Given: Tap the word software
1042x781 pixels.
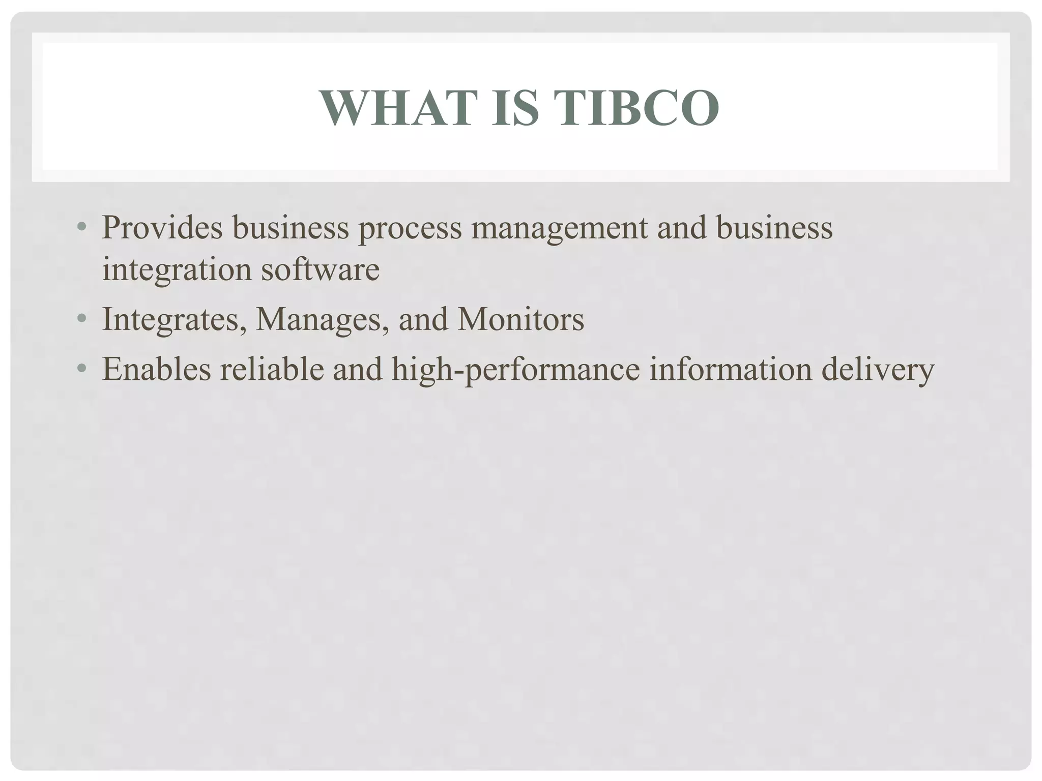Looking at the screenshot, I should click(x=320, y=269).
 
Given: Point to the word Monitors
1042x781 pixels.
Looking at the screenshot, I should click(x=520, y=319).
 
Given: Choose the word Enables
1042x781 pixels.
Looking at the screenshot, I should click(x=156, y=369).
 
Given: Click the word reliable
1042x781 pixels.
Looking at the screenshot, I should click(x=272, y=369).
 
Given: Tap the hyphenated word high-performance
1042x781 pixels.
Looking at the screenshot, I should click(x=515, y=370).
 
